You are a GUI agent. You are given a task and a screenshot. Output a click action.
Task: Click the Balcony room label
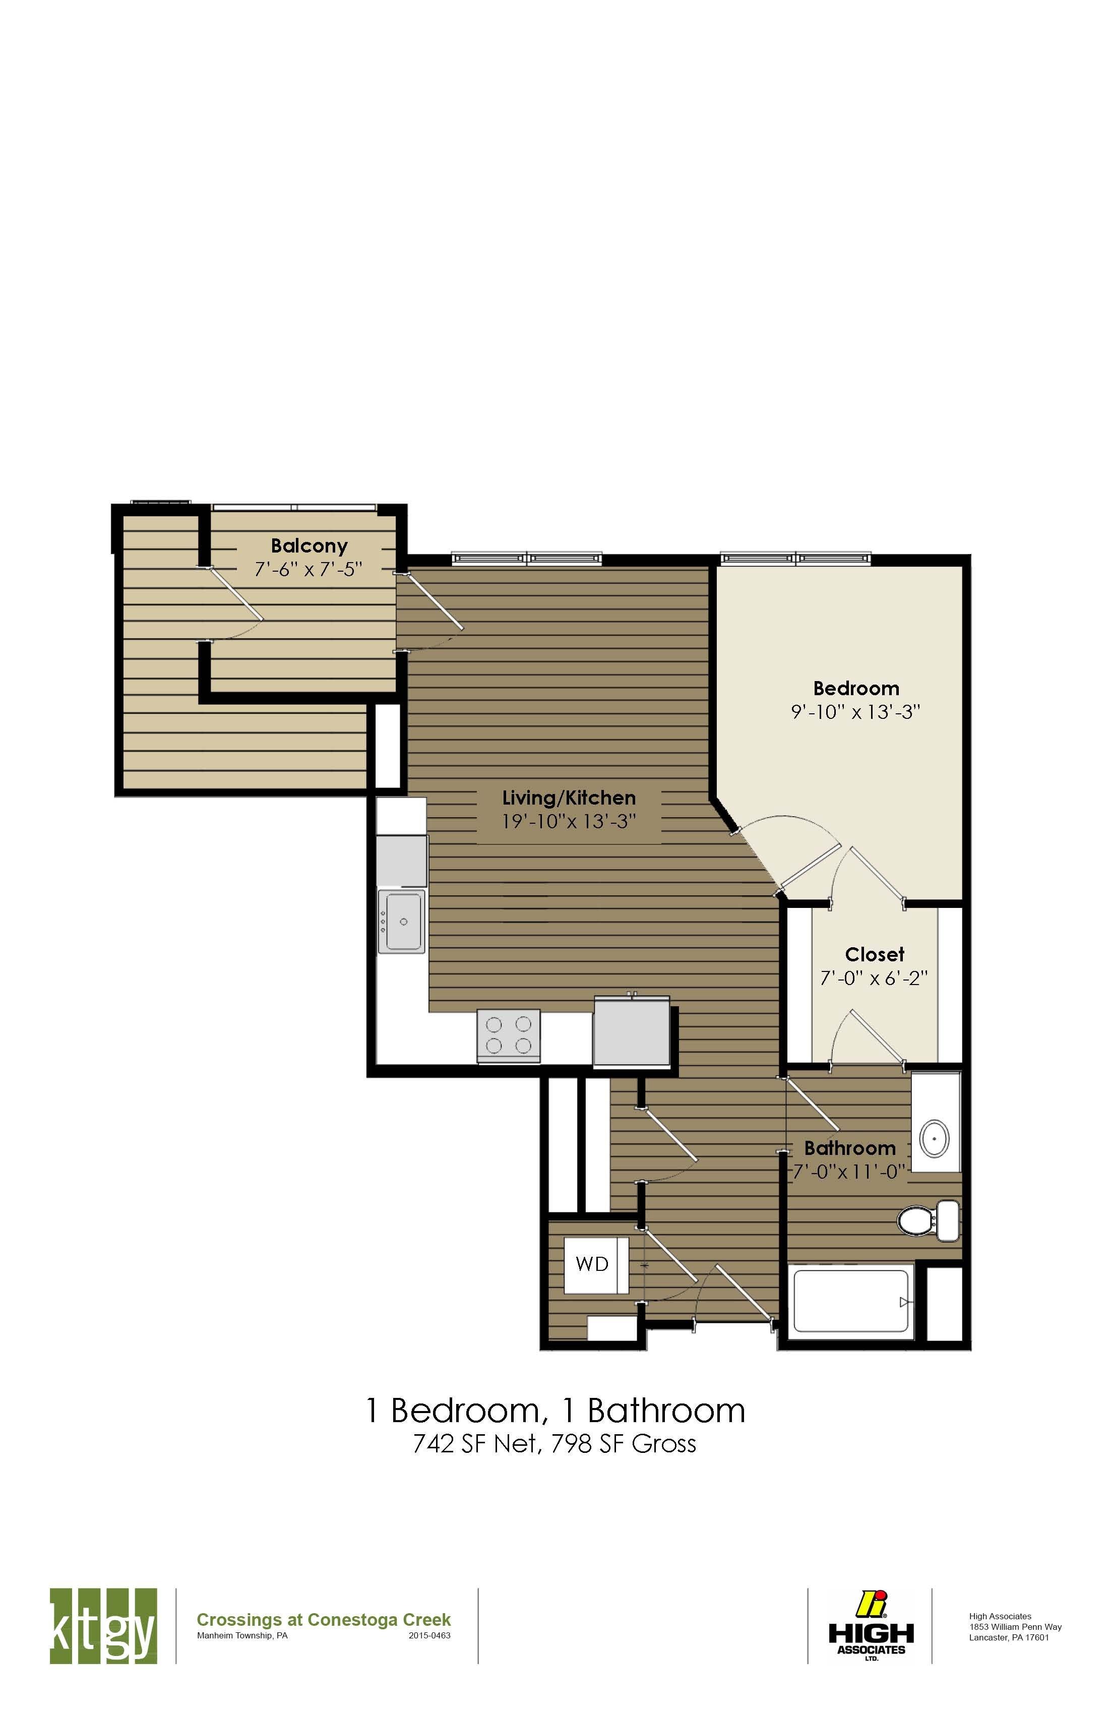click(309, 546)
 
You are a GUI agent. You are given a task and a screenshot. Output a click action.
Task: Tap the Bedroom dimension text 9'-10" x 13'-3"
click(855, 712)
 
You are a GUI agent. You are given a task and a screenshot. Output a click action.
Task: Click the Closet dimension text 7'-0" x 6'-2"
click(874, 978)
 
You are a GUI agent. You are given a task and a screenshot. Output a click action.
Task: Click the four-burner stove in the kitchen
click(509, 1035)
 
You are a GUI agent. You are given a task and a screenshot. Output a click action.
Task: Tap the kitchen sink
click(402, 922)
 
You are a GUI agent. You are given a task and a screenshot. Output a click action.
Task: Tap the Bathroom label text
click(850, 1148)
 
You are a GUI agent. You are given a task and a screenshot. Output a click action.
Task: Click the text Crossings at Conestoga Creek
click(323, 1620)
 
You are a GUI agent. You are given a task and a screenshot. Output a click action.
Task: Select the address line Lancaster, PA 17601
click(1008, 1637)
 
